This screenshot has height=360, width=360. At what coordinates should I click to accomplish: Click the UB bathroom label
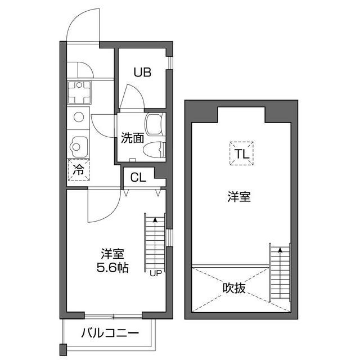(141, 72)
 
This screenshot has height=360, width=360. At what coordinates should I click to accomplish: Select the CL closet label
(138, 178)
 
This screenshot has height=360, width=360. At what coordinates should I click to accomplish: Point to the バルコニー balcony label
(109, 333)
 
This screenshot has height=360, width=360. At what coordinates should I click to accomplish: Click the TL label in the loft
(241, 153)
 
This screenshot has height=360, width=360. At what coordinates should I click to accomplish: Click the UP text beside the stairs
(155, 273)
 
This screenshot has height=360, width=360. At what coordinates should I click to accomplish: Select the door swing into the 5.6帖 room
(101, 207)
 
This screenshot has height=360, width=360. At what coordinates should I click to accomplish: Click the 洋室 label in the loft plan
(239, 197)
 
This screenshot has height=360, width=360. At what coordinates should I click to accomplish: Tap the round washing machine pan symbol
(78, 118)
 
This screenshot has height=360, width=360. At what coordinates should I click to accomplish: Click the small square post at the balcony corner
(64, 349)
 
